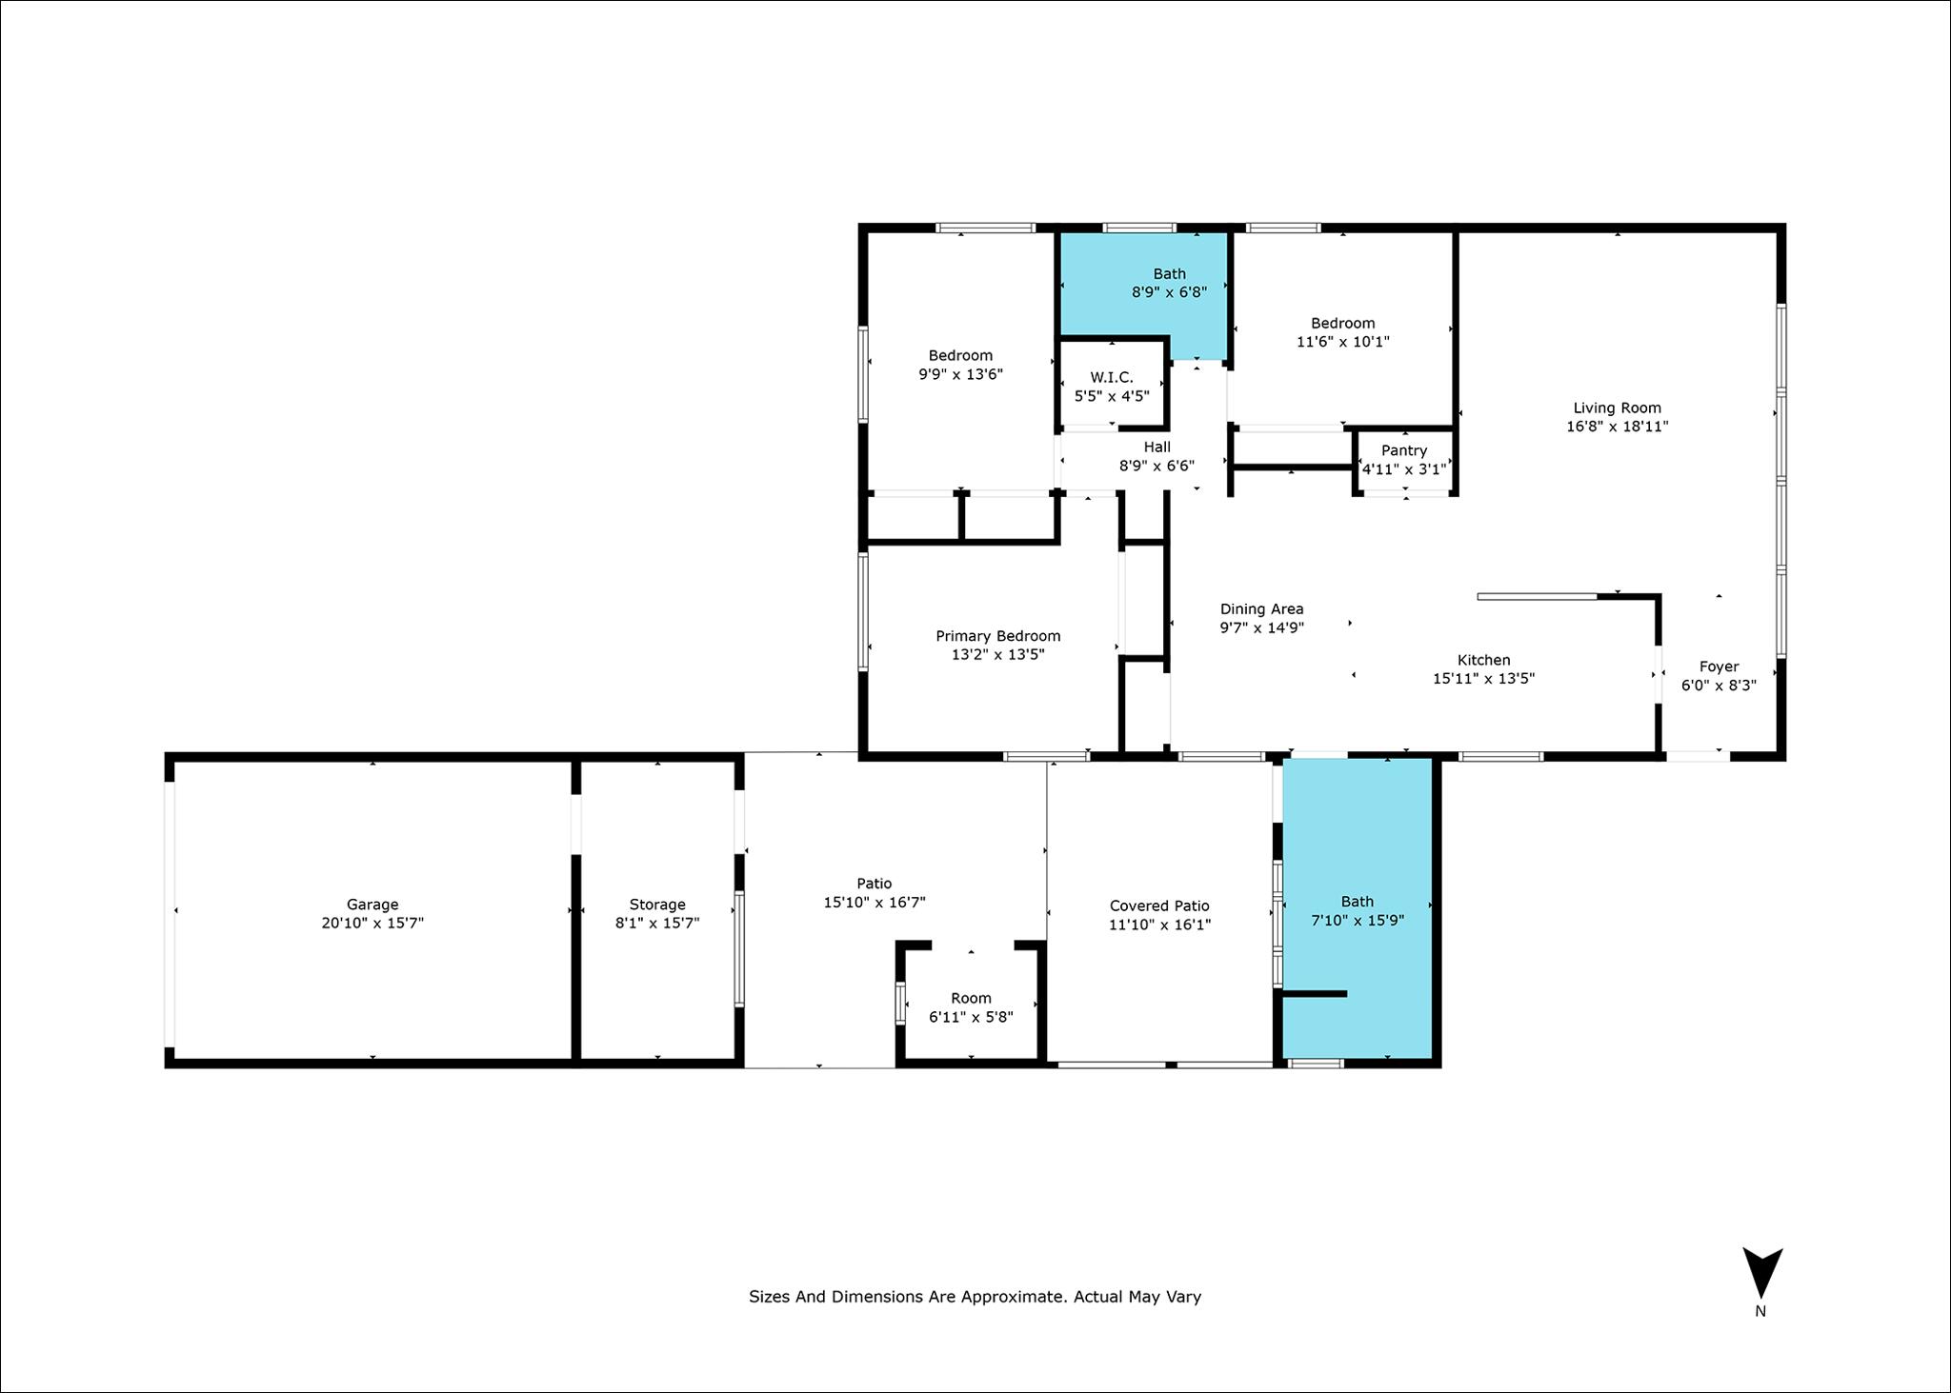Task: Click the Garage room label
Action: point(372,905)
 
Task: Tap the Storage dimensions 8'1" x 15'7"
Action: point(657,923)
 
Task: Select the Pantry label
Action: point(1404,450)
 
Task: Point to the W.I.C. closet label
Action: point(1112,377)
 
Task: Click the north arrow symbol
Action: point(1762,1272)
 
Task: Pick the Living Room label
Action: point(1617,408)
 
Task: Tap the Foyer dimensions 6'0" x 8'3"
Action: point(1719,685)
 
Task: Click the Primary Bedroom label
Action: point(997,636)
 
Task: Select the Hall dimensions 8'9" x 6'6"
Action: point(1157,466)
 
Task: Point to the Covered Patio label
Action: point(1159,905)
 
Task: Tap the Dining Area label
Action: point(1261,609)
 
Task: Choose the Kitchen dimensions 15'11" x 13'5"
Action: point(1483,678)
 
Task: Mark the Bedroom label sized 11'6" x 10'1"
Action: point(1342,323)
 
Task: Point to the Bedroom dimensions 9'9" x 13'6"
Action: point(960,374)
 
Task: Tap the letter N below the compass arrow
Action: point(1760,1311)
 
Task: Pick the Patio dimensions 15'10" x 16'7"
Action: point(875,902)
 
